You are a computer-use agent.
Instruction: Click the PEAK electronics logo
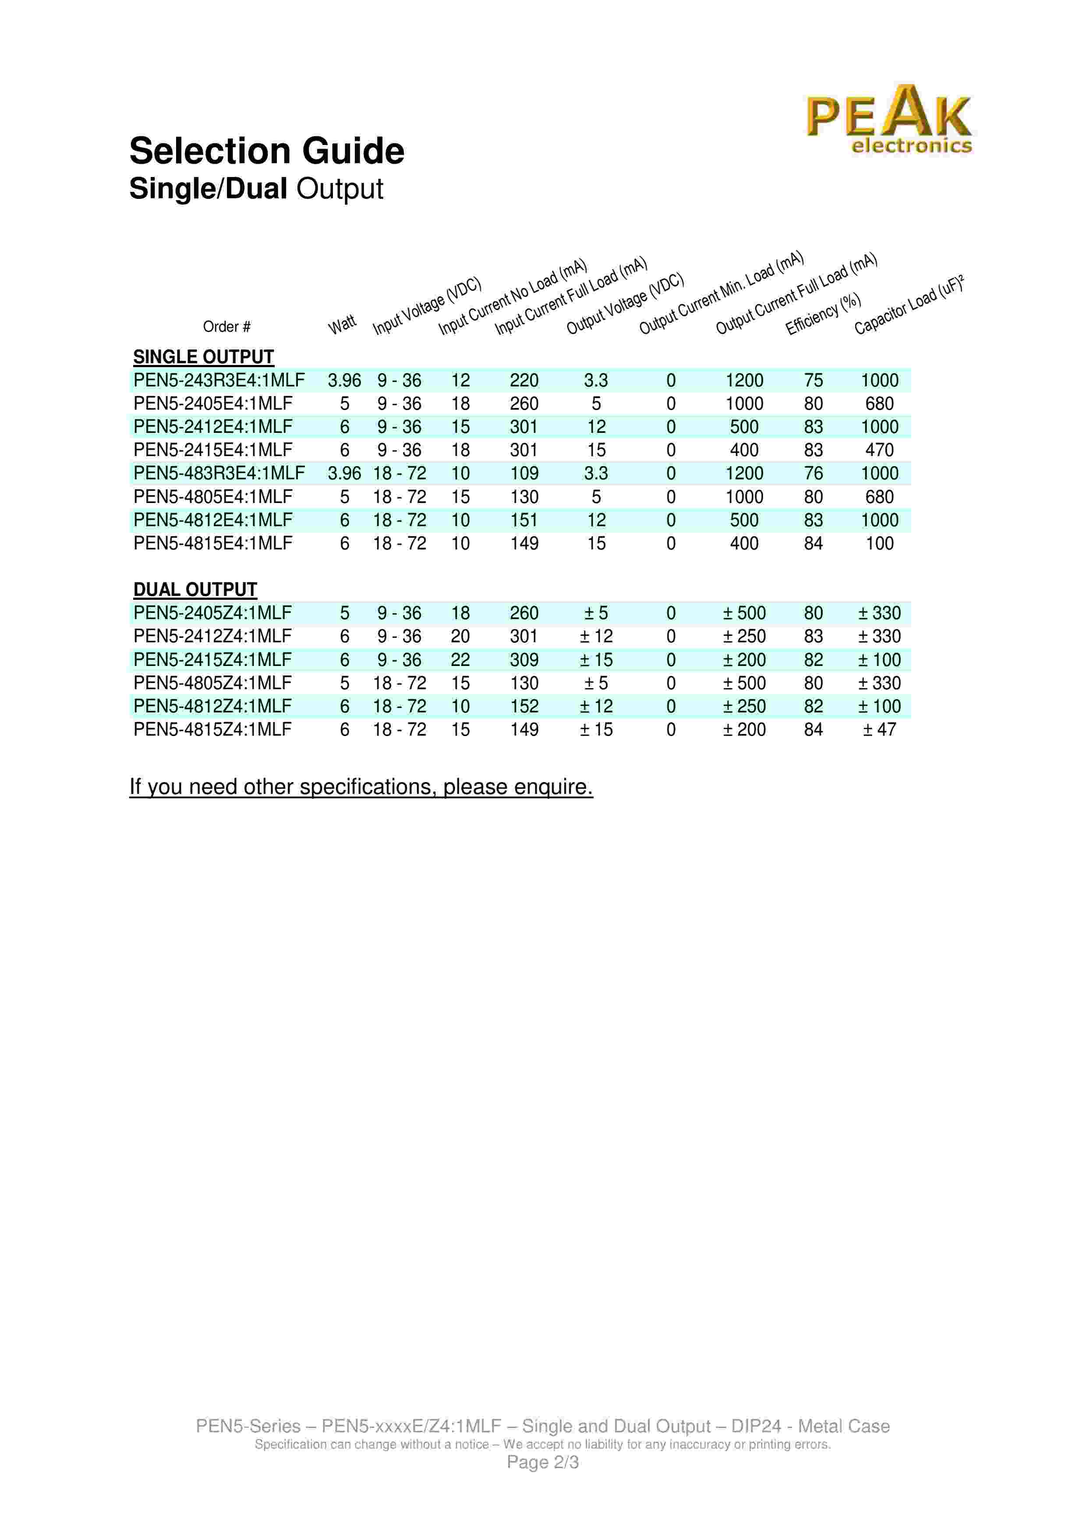888,120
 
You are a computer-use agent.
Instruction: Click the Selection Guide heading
266,151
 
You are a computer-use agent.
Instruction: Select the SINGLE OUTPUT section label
203,357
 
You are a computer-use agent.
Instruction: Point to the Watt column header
342,325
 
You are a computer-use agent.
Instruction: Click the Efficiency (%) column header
823,314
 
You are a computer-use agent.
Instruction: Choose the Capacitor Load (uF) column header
909,305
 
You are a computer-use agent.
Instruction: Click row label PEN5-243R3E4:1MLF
219,380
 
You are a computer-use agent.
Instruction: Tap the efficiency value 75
813,380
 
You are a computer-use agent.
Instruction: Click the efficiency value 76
813,473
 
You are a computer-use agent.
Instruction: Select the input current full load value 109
524,473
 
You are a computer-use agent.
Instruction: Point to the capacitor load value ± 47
879,729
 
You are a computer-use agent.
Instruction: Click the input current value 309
524,659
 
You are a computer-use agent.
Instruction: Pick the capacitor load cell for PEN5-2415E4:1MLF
879,450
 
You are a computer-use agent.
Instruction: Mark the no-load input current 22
460,659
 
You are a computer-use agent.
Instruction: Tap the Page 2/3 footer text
543,1462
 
